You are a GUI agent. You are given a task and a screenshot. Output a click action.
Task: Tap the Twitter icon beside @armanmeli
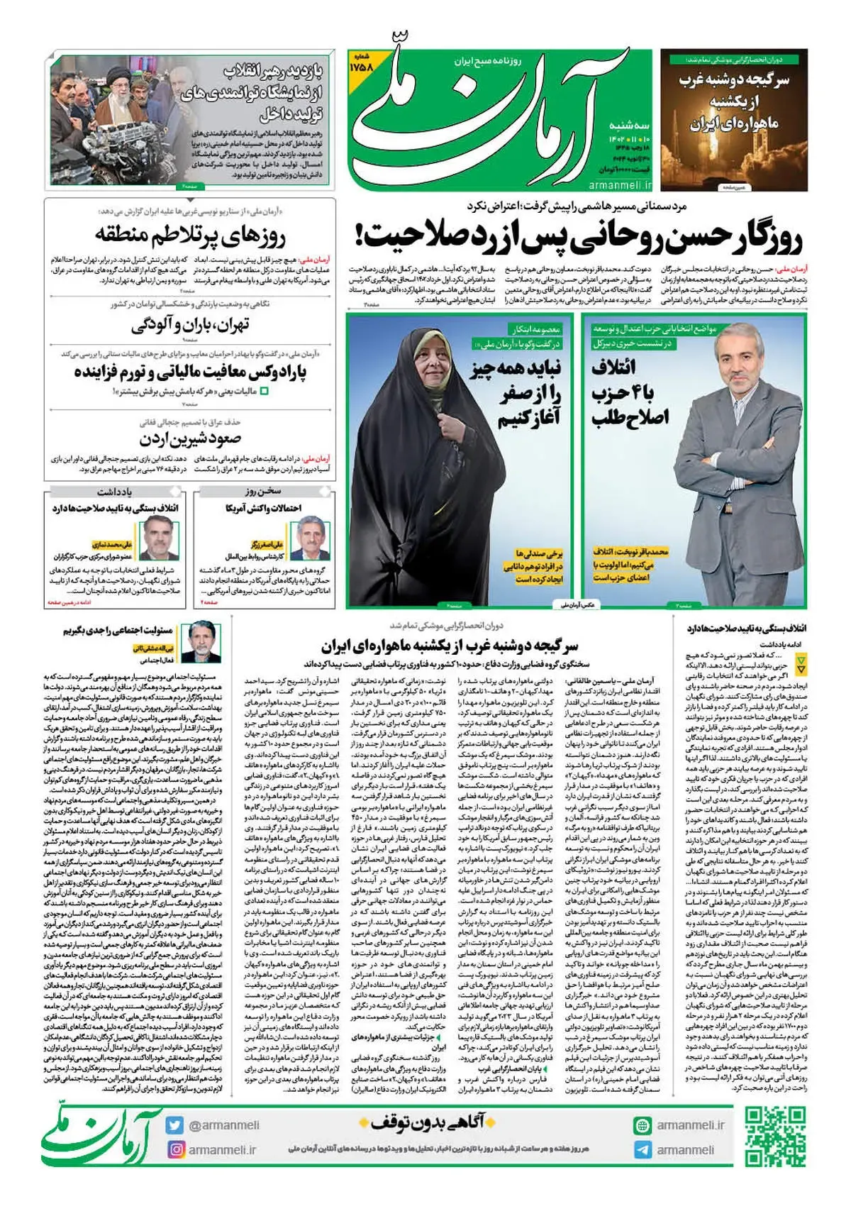(x=174, y=1125)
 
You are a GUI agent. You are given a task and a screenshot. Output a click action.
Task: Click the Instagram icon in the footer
(x=174, y=1149)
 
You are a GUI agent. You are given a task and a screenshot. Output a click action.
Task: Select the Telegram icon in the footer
(x=643, y=1150)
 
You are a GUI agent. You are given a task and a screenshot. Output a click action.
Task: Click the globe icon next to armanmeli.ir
(x=643, y=1125)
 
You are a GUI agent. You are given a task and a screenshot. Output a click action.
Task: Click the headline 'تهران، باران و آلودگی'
(x=190, y=326)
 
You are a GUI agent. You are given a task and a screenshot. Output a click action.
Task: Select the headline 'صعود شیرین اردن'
(x=190, y=439)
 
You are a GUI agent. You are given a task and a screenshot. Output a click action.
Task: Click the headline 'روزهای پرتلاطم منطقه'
(x=190, y=235)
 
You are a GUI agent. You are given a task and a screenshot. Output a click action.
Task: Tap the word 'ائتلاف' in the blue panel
(x=614, y=367)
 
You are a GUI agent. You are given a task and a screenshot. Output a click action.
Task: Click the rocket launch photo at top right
(x=733, y=119)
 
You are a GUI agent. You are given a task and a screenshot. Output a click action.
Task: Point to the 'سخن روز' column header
(x=263, y=491)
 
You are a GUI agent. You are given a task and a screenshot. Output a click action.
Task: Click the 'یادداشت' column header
(x=115, y=491)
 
